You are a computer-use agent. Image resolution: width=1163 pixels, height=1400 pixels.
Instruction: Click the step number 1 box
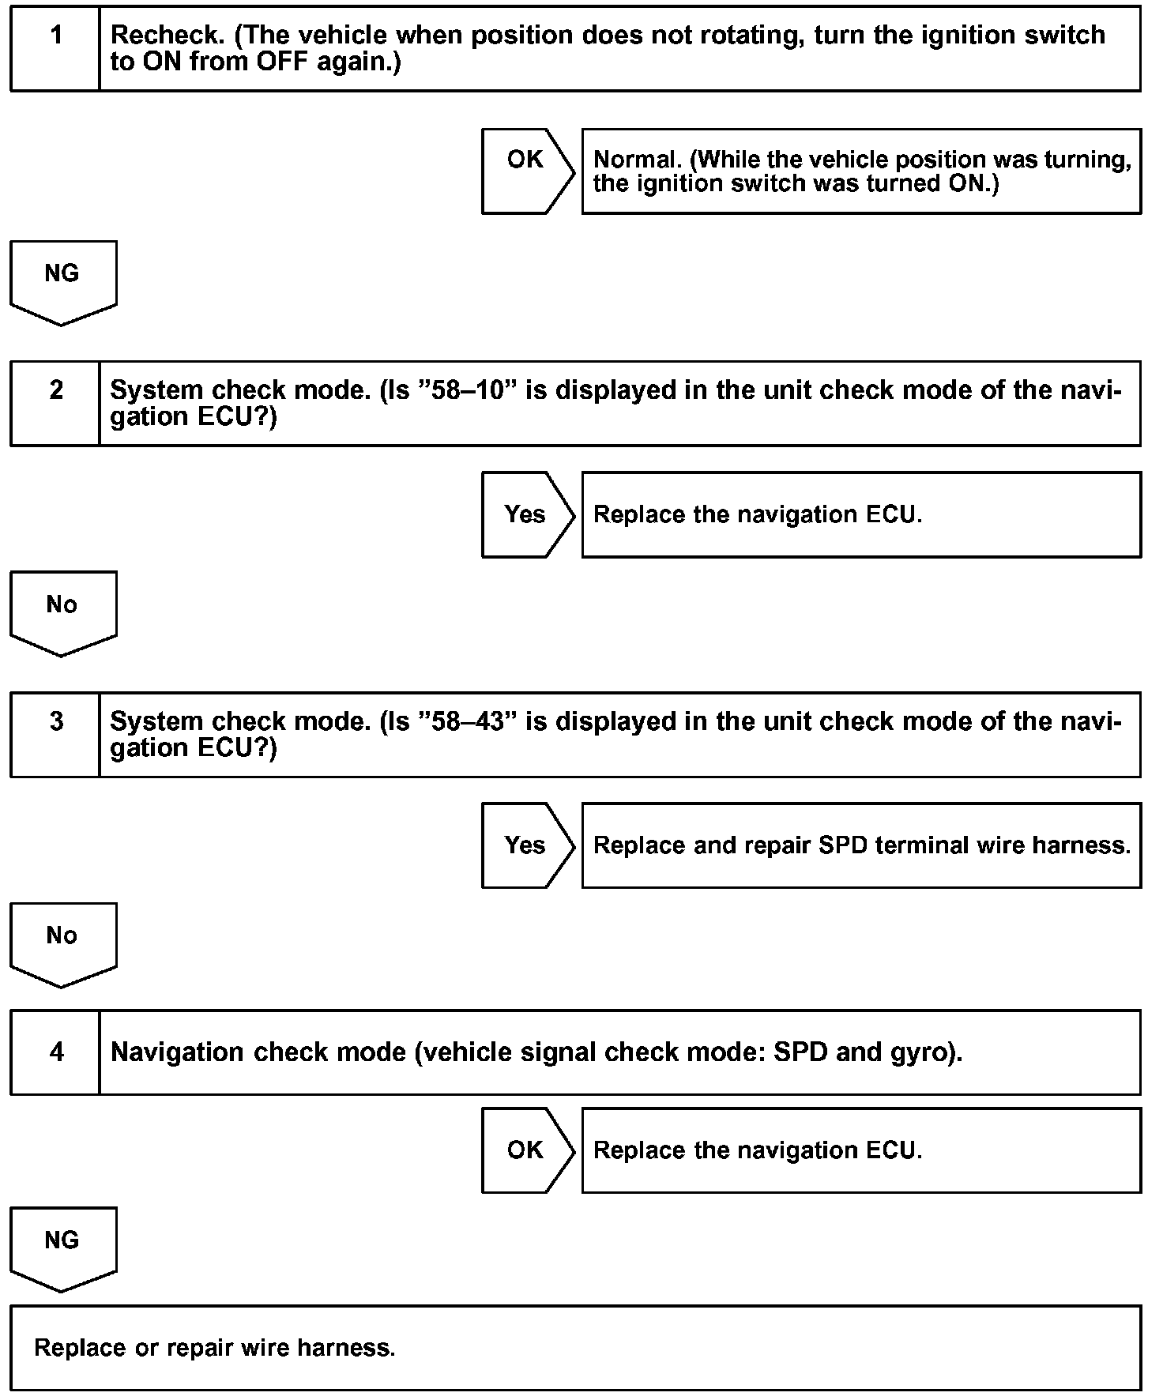point(55,49)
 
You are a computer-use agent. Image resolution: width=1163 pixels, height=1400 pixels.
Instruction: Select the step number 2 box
point(55,404)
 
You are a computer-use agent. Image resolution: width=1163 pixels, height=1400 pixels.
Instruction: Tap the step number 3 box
point(55,735)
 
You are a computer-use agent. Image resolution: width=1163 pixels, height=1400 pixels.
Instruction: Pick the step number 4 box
point(55,1052)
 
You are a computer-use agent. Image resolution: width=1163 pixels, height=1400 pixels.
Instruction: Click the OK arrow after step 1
point(526,171)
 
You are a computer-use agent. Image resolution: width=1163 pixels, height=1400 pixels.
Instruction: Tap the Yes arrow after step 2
point(526,514)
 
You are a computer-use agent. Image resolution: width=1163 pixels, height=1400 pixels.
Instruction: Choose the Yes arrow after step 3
point(526,845)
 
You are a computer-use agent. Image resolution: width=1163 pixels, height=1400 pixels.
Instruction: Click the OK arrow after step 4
point(526,1150)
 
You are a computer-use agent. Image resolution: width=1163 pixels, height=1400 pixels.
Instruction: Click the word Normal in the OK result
point(637,160)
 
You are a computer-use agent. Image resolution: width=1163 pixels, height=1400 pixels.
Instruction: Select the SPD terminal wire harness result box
point(861,845)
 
